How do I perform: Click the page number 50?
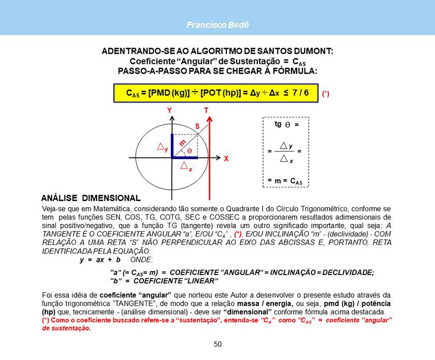218,344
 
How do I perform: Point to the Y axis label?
169,110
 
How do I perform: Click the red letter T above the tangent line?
206,110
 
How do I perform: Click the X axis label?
226,160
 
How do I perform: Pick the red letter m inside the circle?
182,142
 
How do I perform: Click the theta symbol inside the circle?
190,150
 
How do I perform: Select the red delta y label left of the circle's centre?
162,148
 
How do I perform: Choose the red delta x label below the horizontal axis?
186,167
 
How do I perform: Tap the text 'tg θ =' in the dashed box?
286,125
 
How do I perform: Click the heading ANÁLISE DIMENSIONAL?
91,198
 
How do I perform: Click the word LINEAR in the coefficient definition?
202,281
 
